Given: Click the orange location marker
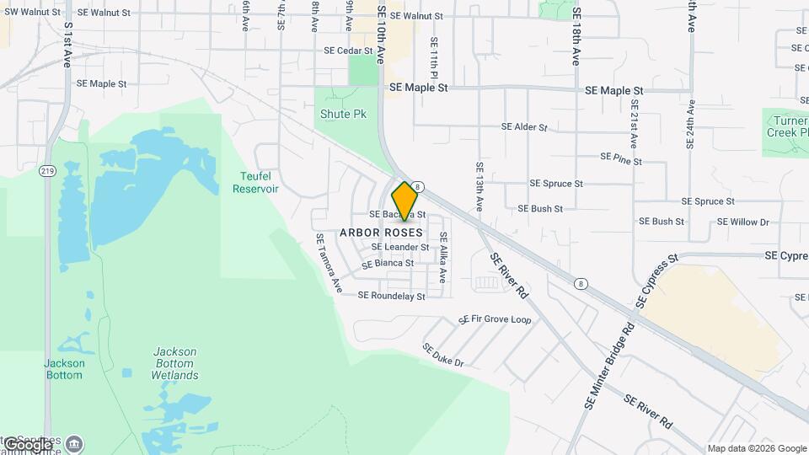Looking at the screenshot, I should [x=405, y=201].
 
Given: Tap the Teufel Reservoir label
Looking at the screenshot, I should [x=255, y=182].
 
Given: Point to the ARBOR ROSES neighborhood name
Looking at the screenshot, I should [x=382, y=232].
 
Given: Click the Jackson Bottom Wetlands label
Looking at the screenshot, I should [x=175, y=363].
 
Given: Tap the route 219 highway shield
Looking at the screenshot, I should [x=47, y=171].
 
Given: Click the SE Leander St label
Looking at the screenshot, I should [x=400, y=247].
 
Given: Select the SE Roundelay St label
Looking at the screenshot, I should [x=391, y=296].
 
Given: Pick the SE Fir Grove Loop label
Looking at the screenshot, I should [x=495, y=320].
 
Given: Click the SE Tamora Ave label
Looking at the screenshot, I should [x=329, y=263].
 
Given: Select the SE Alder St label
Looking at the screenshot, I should [x=524, y=127].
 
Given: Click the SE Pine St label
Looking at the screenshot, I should [x=621, y=158].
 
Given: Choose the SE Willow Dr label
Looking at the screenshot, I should [x=743, y=222].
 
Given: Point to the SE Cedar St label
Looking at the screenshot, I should [x=348, y=51].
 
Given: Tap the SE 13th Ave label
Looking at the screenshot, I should [x=479, y=187].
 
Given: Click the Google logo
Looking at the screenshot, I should [x=27, y=444].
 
